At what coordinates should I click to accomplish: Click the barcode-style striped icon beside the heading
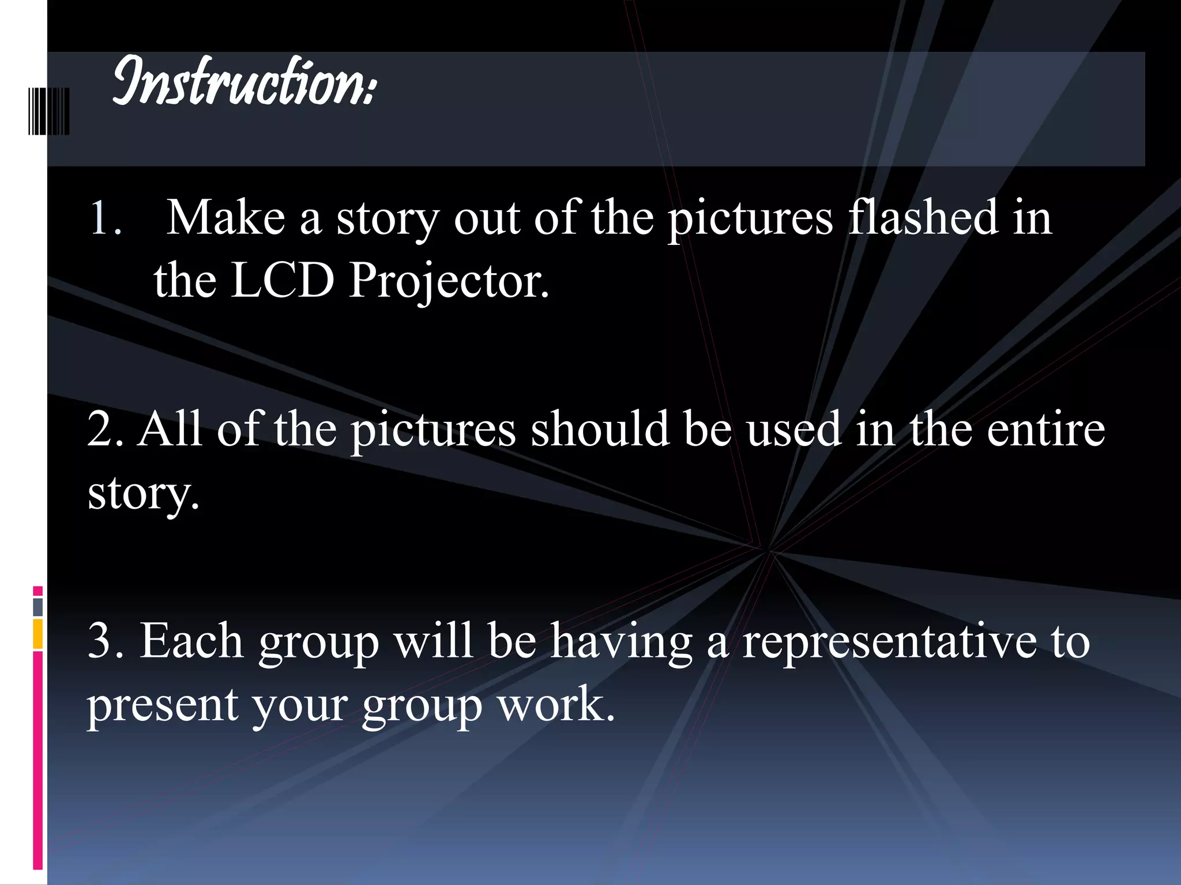49,111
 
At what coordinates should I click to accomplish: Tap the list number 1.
104,219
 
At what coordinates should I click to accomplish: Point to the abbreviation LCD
283,281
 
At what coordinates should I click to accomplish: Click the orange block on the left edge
38,633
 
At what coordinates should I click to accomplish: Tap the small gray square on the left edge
38,606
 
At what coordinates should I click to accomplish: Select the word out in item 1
486,219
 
